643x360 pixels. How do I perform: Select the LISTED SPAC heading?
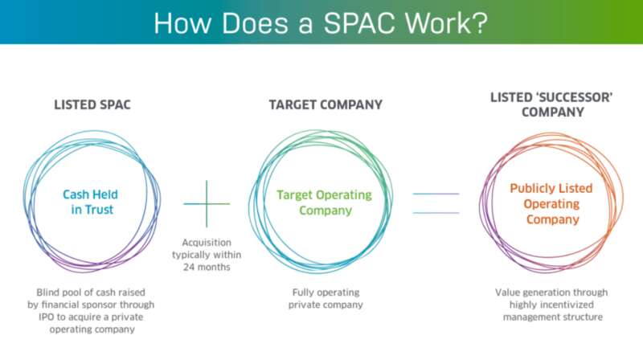coord(92,104)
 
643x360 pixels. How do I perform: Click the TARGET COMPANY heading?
coord(326,104)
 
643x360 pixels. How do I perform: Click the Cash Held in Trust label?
coord(91,202)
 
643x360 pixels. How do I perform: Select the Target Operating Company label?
coord(325,202)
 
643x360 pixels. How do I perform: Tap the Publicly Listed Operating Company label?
coord(551,204)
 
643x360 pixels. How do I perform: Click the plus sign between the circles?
coord(207,204)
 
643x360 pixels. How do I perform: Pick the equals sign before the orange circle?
coord(436,203)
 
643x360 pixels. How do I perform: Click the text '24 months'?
coord(207,267)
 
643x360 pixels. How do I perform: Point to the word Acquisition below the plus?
coord(207,243)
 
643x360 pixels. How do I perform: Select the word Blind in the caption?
coord(48,292)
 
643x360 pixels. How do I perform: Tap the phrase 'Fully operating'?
coord(326,292)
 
